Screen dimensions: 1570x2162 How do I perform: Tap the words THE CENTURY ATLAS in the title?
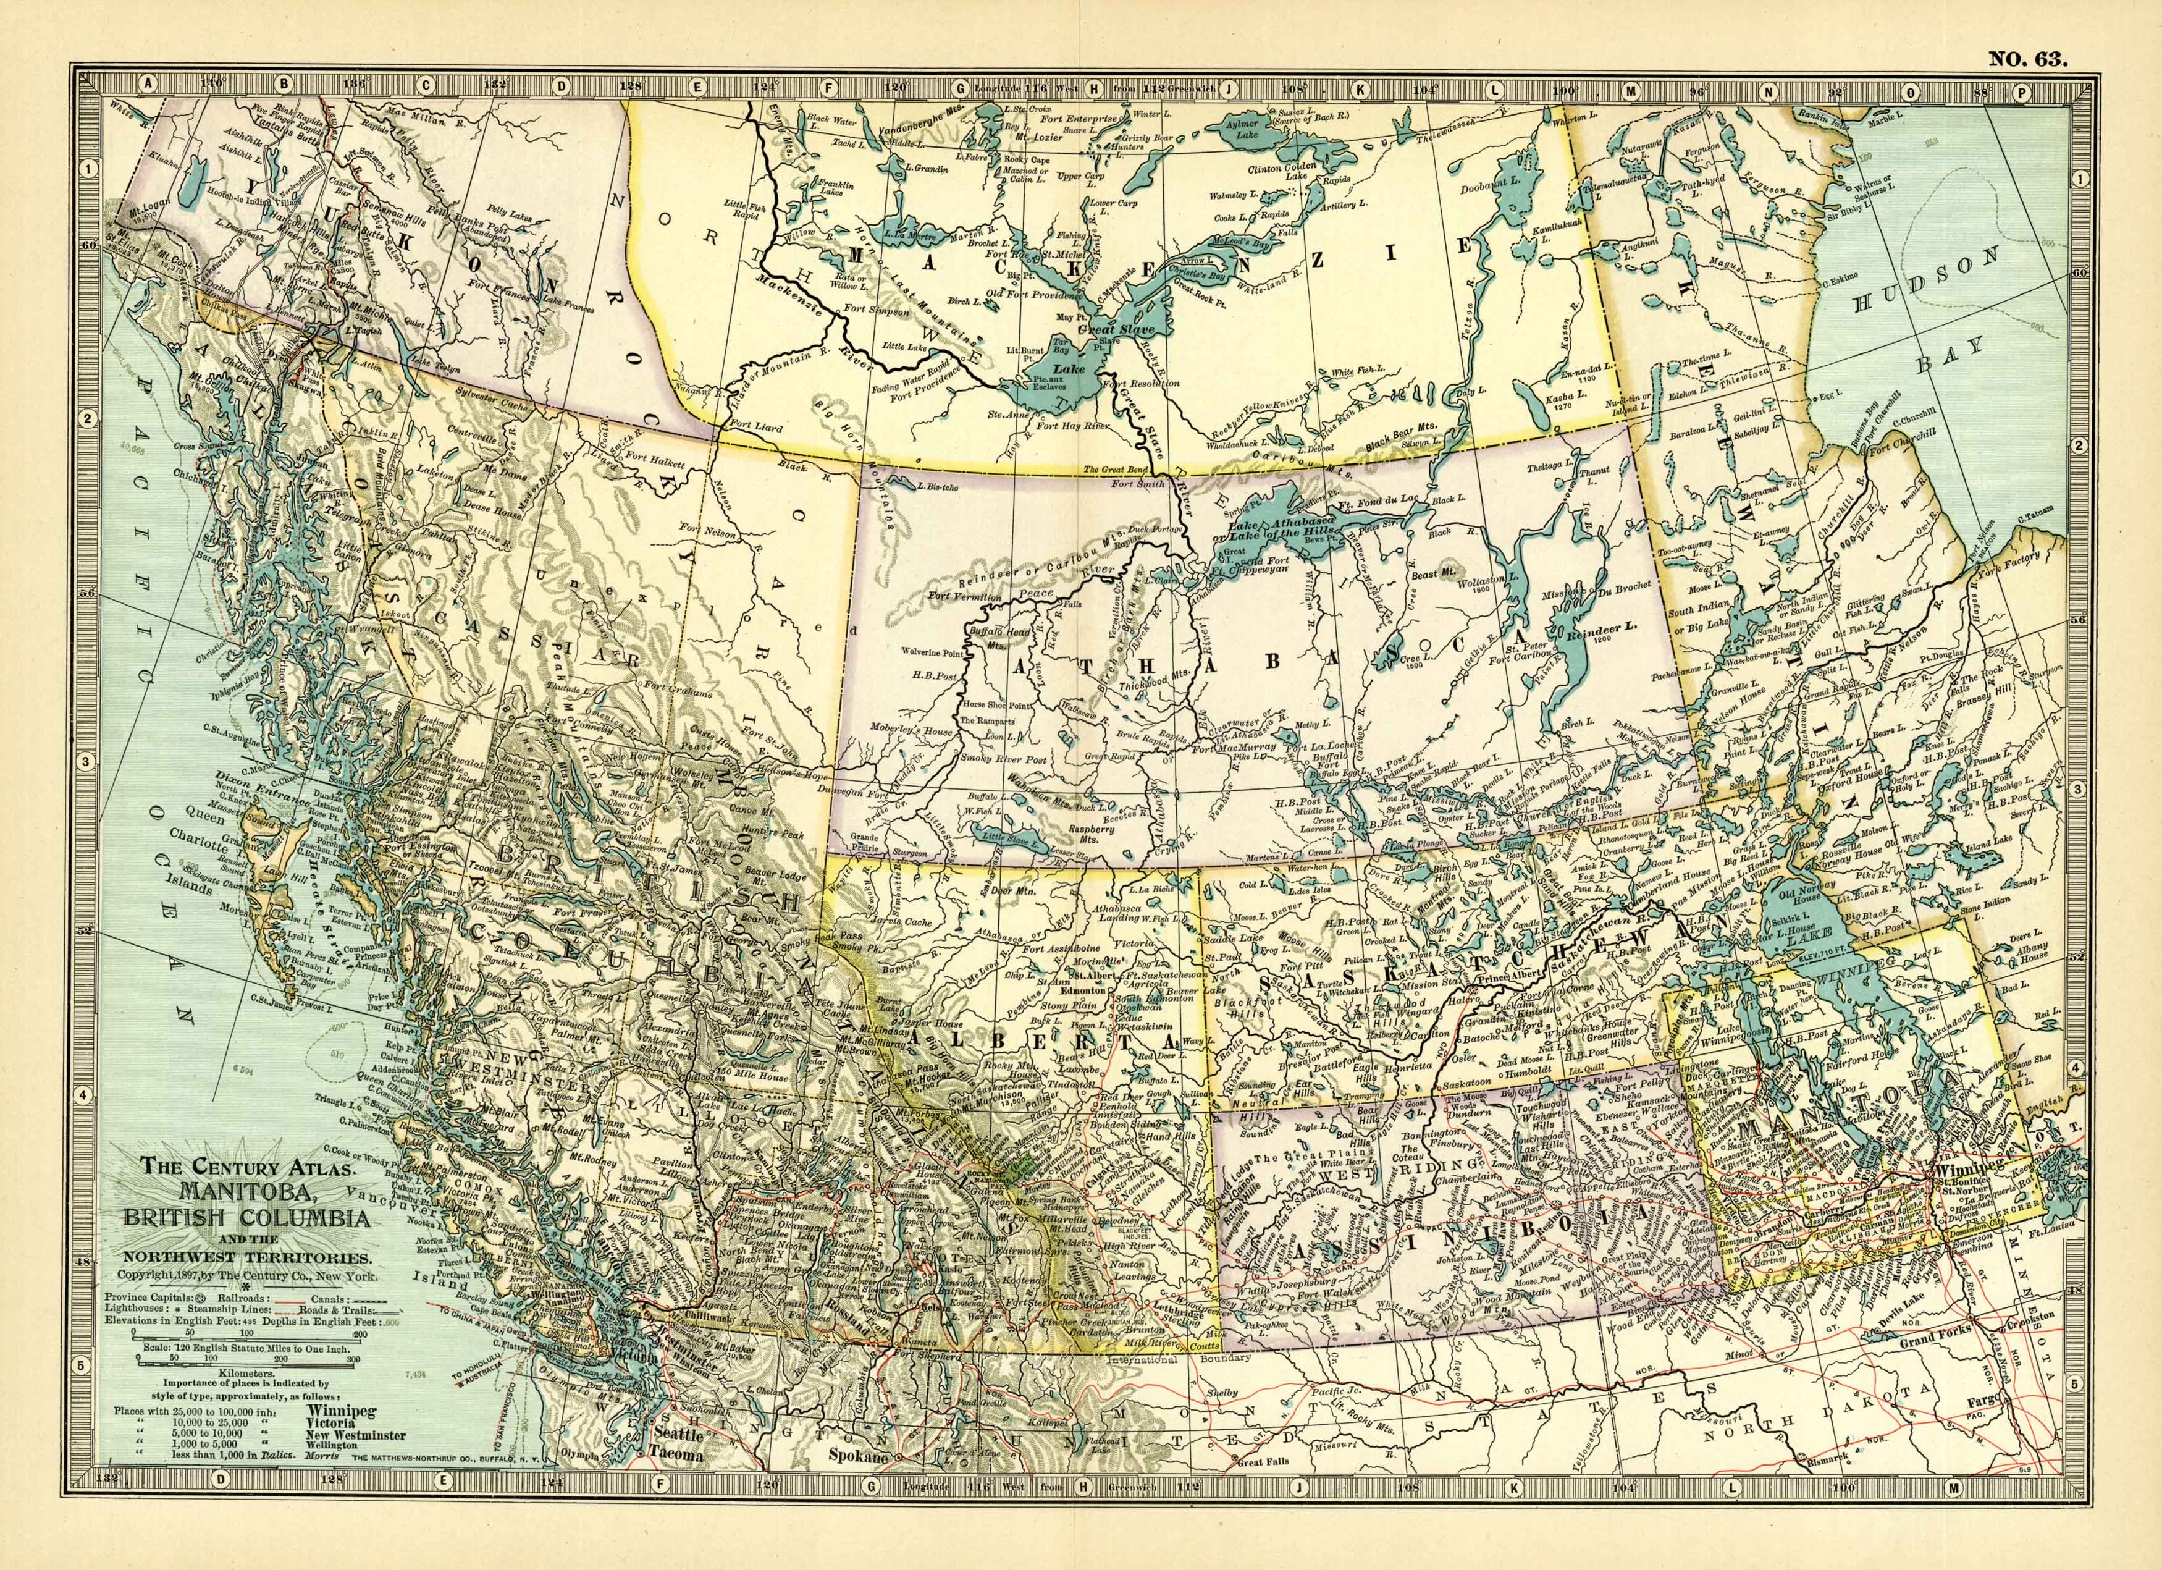pyautogui.click(x=249, y=1166)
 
